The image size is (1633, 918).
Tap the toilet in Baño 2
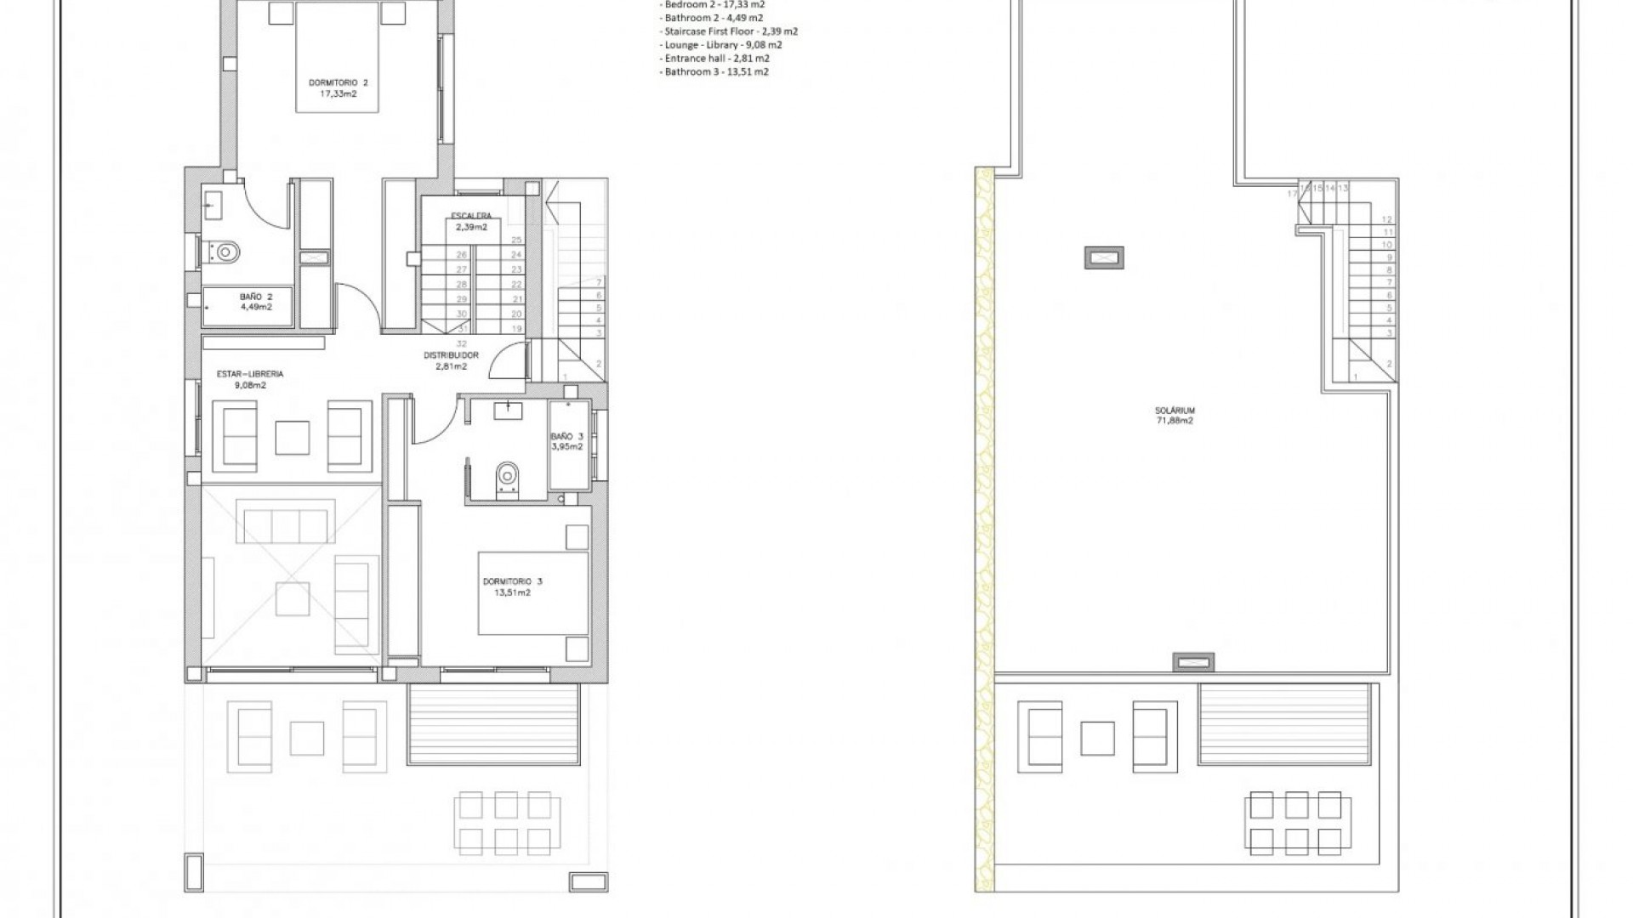click(225, 252)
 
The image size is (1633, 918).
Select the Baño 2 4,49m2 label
click(255, 302)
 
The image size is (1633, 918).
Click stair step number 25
click(516, 241)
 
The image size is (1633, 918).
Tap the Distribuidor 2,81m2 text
click(451, 361)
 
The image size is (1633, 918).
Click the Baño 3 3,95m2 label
click(566, 441)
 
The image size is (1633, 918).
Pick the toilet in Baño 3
click(508, 477)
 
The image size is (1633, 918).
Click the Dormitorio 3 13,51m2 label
click(512, 587)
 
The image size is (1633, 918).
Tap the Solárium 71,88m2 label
click(1175, 416)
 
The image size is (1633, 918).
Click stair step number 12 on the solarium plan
click(1387, 219)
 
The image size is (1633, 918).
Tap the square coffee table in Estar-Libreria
click(293, 437)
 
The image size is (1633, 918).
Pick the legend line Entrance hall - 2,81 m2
click(716, 59)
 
